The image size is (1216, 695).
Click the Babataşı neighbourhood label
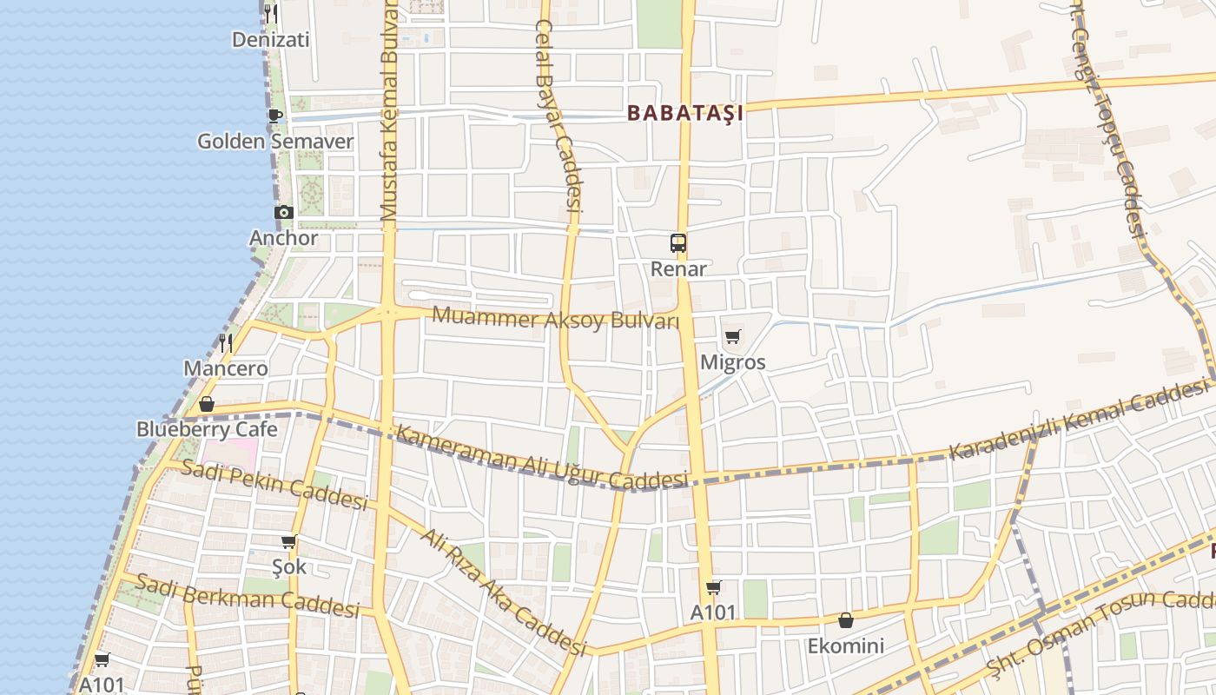pos(685,113)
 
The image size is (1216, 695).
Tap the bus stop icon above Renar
pos(678,243)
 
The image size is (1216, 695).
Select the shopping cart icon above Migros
pos(732,337)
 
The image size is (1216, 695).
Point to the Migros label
pos(732,361)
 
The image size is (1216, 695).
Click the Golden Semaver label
pos(275,141)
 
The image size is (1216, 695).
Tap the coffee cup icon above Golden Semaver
pos(275,116)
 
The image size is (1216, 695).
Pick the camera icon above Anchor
pos(284,212)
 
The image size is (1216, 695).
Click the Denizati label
pos(271,39)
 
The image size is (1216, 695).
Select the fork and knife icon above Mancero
pos(226,342)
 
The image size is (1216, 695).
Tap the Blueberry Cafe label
pos(207,429)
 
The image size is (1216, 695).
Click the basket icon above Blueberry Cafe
pos(207,404)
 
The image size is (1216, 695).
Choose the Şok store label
pos(289,567)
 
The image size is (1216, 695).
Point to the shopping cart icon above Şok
pos(289,542)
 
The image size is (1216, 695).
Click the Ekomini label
pos(845,645)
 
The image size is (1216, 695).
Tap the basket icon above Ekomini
pos(845,620)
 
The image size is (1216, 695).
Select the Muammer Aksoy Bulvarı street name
pos(555,318)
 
